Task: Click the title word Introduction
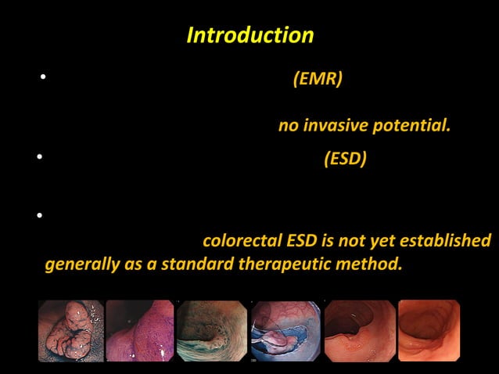coord(250,36)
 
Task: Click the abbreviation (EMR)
coord(317,80)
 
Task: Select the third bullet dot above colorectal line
coord(38,214)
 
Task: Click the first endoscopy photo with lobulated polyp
coord(70,331)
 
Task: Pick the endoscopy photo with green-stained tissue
coord(210,331)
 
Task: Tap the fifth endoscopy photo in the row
coord(360,331)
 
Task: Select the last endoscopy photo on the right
coord(429,331)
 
